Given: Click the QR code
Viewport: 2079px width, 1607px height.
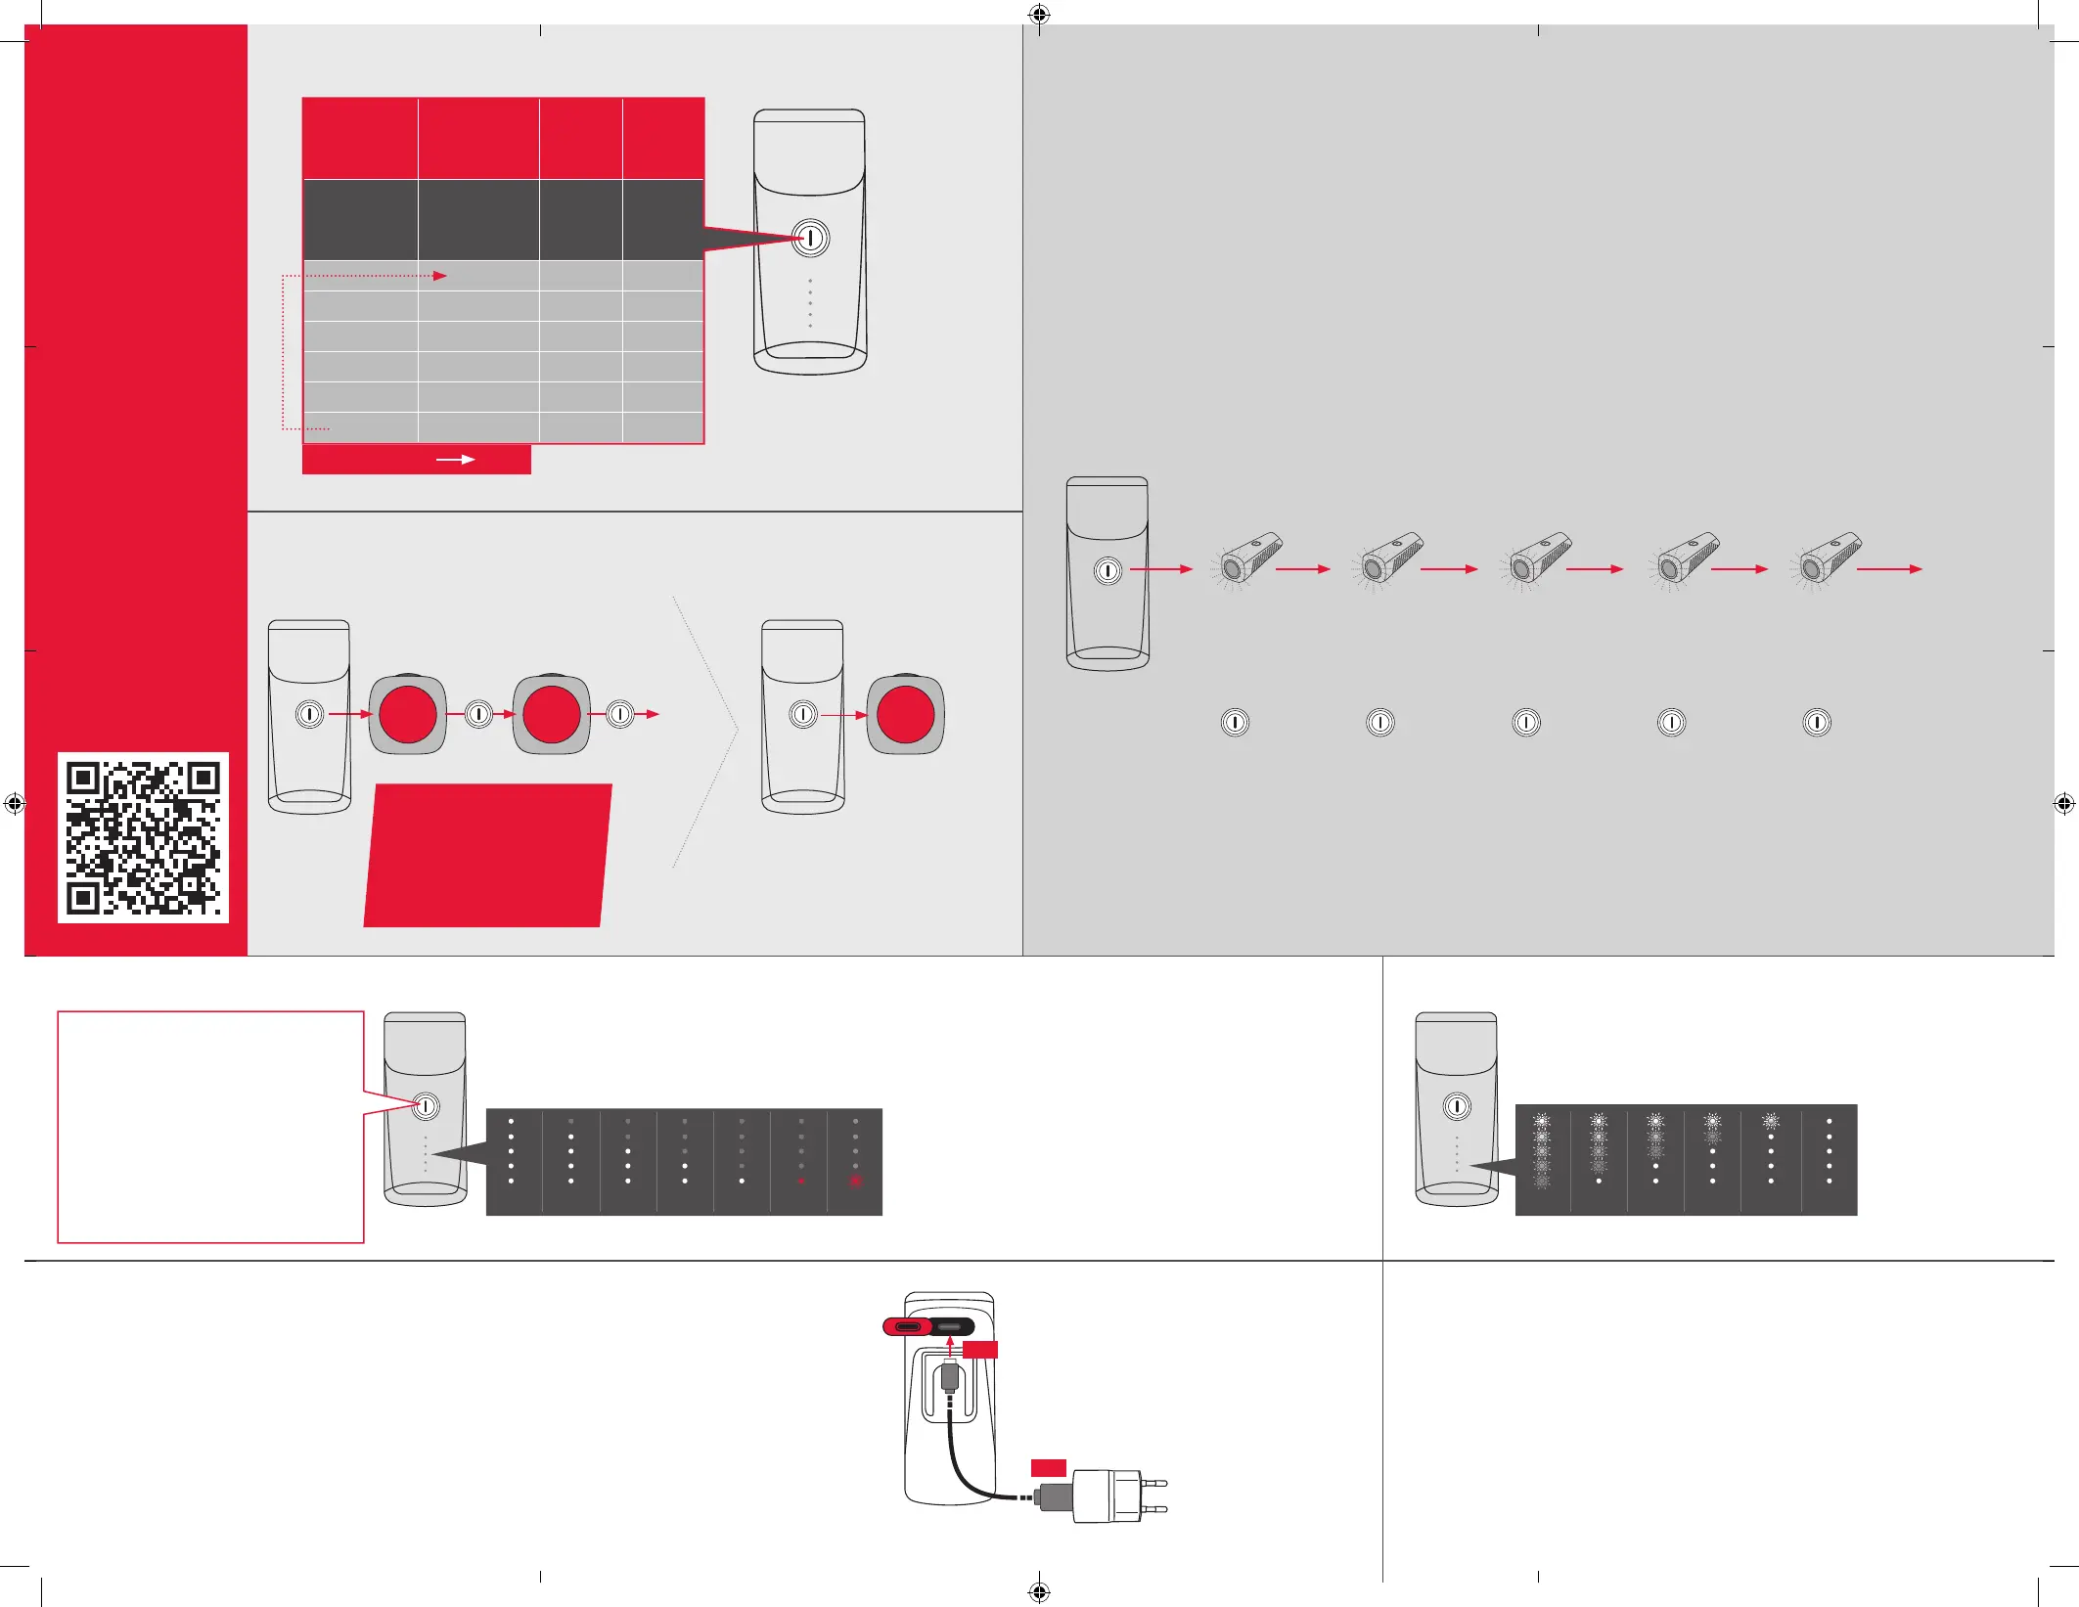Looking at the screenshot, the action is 143,837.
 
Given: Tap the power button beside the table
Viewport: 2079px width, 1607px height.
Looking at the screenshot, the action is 810,238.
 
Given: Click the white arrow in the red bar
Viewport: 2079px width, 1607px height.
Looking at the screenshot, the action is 455,460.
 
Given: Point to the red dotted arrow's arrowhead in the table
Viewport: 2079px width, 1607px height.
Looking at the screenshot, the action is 441,276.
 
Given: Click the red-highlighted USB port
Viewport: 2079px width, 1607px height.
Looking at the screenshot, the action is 908,1327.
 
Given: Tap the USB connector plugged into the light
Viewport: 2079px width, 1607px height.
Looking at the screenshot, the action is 949,1377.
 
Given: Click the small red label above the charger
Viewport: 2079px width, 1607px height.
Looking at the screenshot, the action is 1049,1468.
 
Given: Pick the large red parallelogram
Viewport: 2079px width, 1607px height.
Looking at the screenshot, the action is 487,855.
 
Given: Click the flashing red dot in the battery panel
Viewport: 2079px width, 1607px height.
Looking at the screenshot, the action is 855,1181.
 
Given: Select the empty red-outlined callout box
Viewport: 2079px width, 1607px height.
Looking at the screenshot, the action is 210,1127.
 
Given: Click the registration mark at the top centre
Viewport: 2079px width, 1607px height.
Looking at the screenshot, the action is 1039,15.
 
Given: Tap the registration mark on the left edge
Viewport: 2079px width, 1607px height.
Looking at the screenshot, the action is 14,804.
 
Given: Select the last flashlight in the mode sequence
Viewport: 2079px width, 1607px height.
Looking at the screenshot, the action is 1827,558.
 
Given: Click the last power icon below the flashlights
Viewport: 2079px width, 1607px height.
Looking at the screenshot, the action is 1817,723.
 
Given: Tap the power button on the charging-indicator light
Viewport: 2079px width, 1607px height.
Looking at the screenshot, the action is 1457,1106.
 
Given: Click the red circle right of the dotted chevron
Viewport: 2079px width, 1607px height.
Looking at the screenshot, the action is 905,715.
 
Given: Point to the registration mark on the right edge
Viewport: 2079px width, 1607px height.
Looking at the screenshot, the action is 2063,804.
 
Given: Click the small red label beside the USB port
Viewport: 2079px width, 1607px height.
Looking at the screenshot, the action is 980,1350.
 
